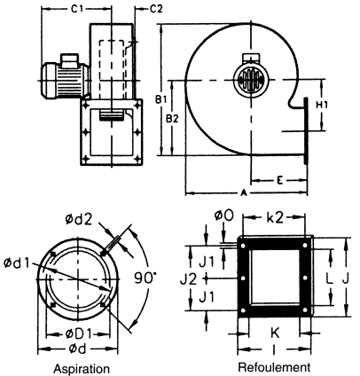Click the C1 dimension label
(77, 9)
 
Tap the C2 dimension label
(156, 9)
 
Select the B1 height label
(161, 100)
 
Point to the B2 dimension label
(172, 119)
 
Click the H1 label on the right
(322, 105)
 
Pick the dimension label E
(279, 180)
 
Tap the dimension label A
(244, 193)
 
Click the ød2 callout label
(79, 219)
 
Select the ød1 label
(17, 262)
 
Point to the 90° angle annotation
(145, 278)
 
